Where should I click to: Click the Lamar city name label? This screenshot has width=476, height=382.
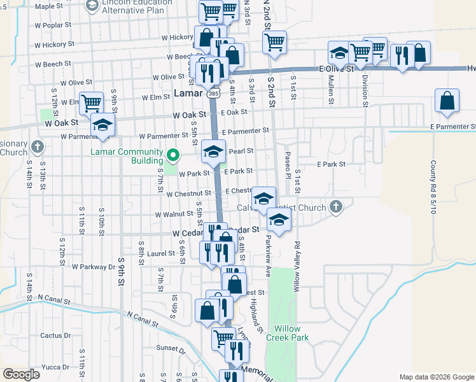(188, 95)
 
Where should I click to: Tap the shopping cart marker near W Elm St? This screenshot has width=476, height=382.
(92, 101)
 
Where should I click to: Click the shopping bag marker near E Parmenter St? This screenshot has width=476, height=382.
(447, 101)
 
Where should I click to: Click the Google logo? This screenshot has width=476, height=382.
(21, 374)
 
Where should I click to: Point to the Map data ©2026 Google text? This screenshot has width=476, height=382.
(437, 377)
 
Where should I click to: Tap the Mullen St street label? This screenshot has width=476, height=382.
(331, 89)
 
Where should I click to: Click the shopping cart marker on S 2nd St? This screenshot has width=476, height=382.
(274, 42)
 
